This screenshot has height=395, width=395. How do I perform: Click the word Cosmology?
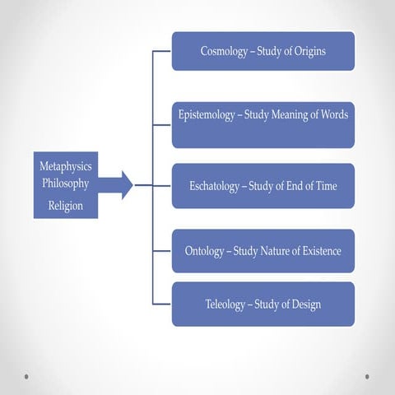[x=224, y=51]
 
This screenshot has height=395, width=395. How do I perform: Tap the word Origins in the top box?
[x=310, y=51]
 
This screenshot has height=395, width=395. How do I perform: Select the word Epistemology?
[x=207, y=114]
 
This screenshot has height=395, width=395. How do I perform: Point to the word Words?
[x=335, y=114]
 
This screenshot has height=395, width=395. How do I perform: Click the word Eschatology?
[x=214, y=186]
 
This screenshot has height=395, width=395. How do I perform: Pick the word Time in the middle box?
[x=327, y=186]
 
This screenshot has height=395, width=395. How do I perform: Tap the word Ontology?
[x=204, y=251]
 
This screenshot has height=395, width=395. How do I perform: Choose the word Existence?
[x=322, y=251]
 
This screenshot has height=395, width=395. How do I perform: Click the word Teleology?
[x=225, y=304]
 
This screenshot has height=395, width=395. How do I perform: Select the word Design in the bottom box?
[x=306, y=304]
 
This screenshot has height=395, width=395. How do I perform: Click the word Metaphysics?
[x=66, y=166]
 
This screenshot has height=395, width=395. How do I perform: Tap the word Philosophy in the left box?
[x=66, y=184]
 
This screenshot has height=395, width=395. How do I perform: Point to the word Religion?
[x=66, y=206]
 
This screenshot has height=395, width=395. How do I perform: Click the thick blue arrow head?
[x=127, y=185]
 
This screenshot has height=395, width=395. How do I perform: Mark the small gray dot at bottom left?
[x=26, y=377]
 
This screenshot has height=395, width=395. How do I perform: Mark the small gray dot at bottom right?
[x=367, y=377]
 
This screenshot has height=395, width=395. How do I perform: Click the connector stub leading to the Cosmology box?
[x=162, y=51]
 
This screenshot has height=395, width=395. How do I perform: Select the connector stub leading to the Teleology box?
[x=162, y=304]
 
